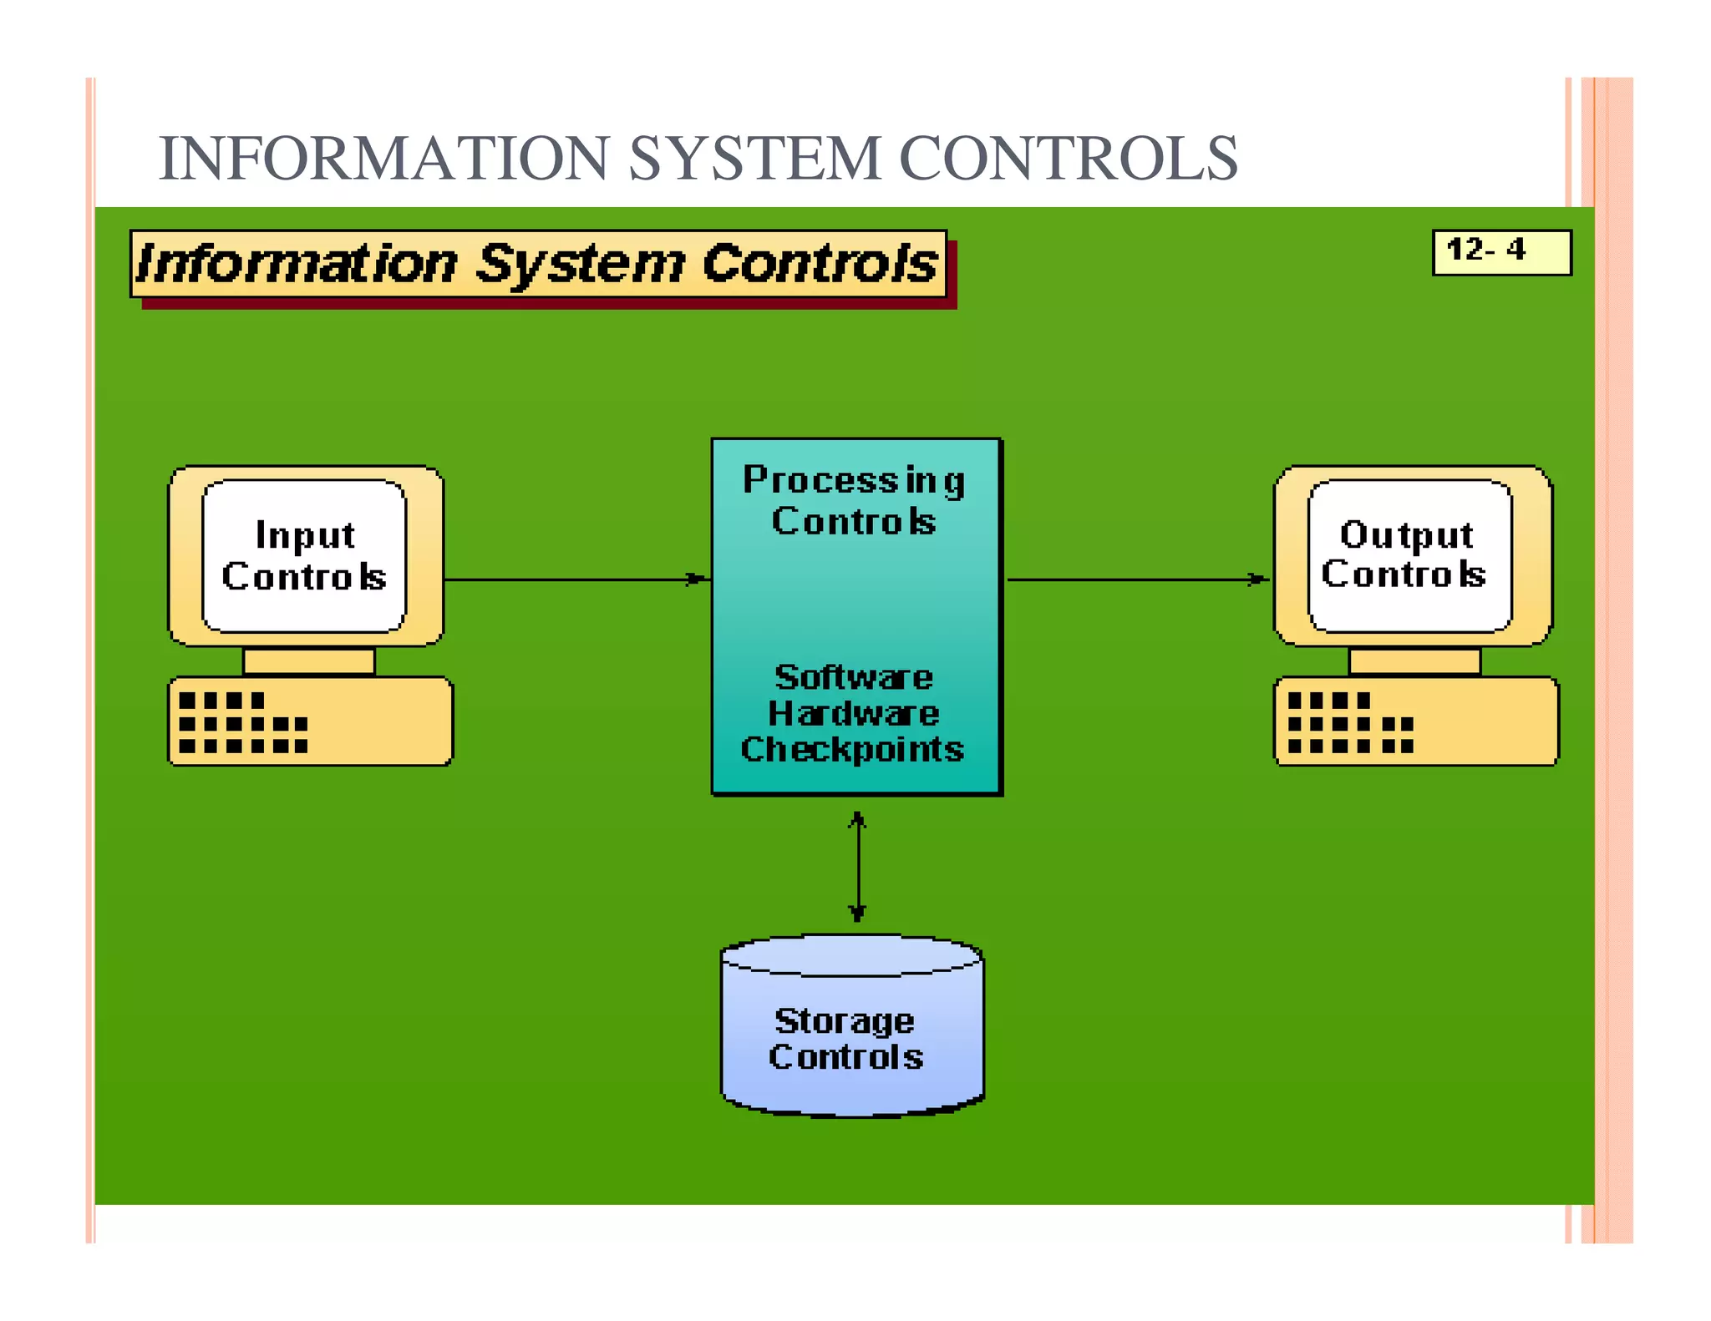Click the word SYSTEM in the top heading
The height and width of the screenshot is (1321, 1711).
pos(754,158)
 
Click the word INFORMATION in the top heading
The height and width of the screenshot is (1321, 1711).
pos(383,158)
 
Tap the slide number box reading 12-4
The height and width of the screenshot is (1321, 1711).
pos(1500,251)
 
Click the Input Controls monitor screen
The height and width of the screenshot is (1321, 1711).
pos(304,555)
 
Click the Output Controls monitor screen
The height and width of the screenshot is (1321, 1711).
pos(1409,555)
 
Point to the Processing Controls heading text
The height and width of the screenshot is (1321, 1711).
pos(854,500)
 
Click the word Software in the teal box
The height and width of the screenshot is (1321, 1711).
pos(854,676)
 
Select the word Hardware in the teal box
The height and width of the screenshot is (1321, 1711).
pos(854,714)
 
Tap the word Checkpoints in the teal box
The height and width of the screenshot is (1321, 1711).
pos(852,750)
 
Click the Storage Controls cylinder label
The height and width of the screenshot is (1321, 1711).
pos(845,1039)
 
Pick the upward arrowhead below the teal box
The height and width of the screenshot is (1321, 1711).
pos(857,820)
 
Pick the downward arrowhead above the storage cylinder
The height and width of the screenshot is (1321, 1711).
pos(857,913)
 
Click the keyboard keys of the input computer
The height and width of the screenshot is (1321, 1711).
pos(242,723)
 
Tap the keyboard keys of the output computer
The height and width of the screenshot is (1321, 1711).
pos(1349,723)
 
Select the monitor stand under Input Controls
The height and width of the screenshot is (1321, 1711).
pos(308,661)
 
